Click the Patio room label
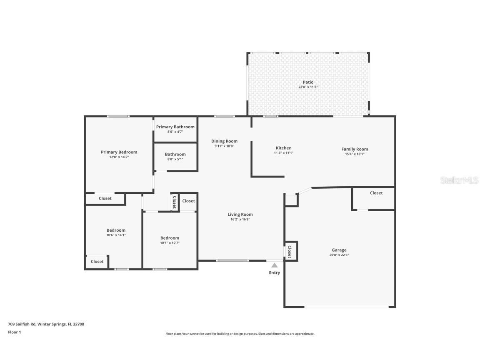click(308, 82)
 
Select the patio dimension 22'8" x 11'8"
click(308, 87)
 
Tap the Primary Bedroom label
click(119, 152)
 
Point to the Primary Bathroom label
click(175, 127)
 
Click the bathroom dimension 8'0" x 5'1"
click(175, 159)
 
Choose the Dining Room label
click(224, 141)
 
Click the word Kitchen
click(283, 148)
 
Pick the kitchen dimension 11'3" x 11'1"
click(283, 153)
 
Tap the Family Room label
click(355, 149)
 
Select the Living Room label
click(240, 215)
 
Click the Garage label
click(339, 250)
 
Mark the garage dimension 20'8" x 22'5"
click(339, 255)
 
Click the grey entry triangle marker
click(274, 265)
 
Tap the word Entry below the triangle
click(274, 273)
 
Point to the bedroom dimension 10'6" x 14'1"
click(116, 235)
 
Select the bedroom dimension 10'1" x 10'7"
click(170, 243)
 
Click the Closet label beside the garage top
click(376, 193)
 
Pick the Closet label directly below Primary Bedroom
click(105, 198)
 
